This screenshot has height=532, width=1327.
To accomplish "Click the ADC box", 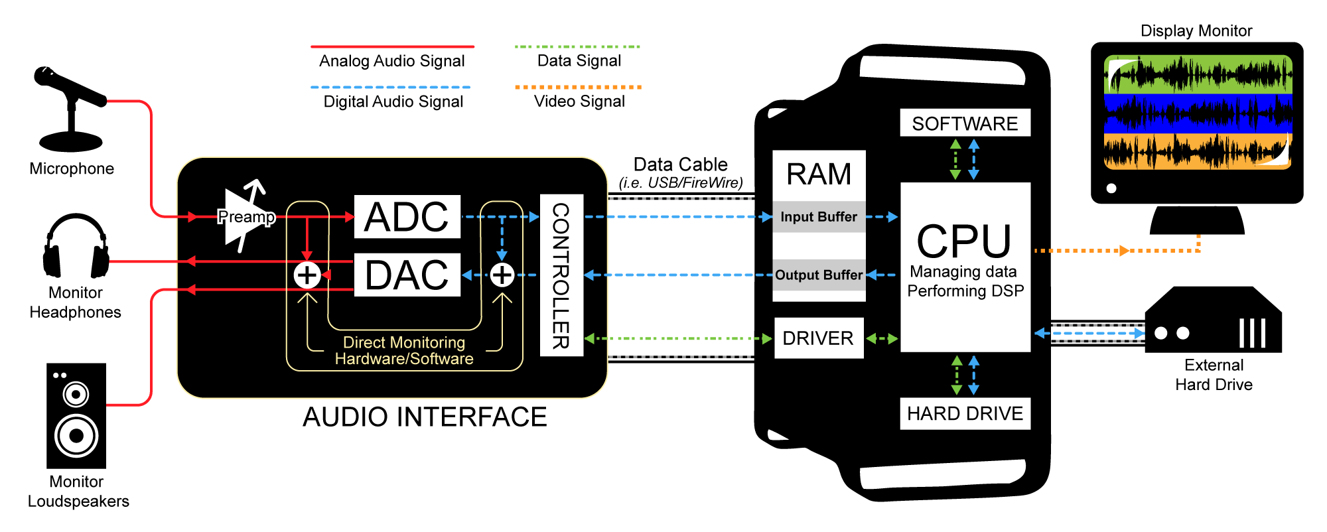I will click(407, 217).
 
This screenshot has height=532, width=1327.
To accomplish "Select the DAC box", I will click(407, 275).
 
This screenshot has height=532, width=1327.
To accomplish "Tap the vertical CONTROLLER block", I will click(561, 275).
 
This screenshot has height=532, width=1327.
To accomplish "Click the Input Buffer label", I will click(819, 217).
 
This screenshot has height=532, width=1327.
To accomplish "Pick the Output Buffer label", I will click(819, 275).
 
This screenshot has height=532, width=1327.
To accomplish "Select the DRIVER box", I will click(819, 338).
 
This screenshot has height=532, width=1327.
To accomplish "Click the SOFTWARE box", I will click(965, 123).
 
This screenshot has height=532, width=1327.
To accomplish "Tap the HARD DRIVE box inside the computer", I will click(965, 414).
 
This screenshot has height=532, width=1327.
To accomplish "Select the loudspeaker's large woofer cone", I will click(76, 435).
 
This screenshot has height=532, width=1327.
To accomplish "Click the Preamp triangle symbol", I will click(242, 218).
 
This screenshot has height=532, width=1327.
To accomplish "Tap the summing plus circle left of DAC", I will click(307, 275).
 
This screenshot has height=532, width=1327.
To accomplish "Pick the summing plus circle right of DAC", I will click(502, 275).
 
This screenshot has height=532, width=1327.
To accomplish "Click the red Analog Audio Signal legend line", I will click(392, 47).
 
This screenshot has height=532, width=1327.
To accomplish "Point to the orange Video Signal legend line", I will click(578, 87).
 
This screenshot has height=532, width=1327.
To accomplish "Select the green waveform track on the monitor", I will click(1198, 74).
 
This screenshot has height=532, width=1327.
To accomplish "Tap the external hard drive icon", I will click(1213, 322).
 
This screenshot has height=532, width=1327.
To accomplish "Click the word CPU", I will click(964, 241).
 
